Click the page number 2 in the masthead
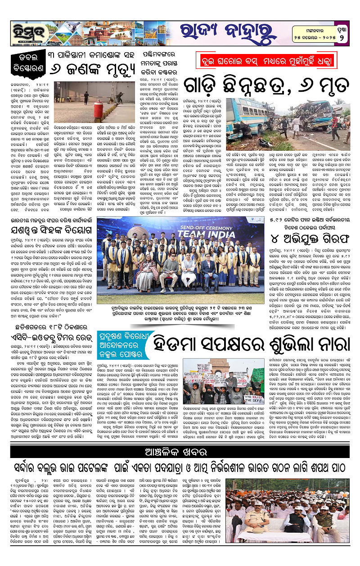pyautogui.click(x=342, y=36)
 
